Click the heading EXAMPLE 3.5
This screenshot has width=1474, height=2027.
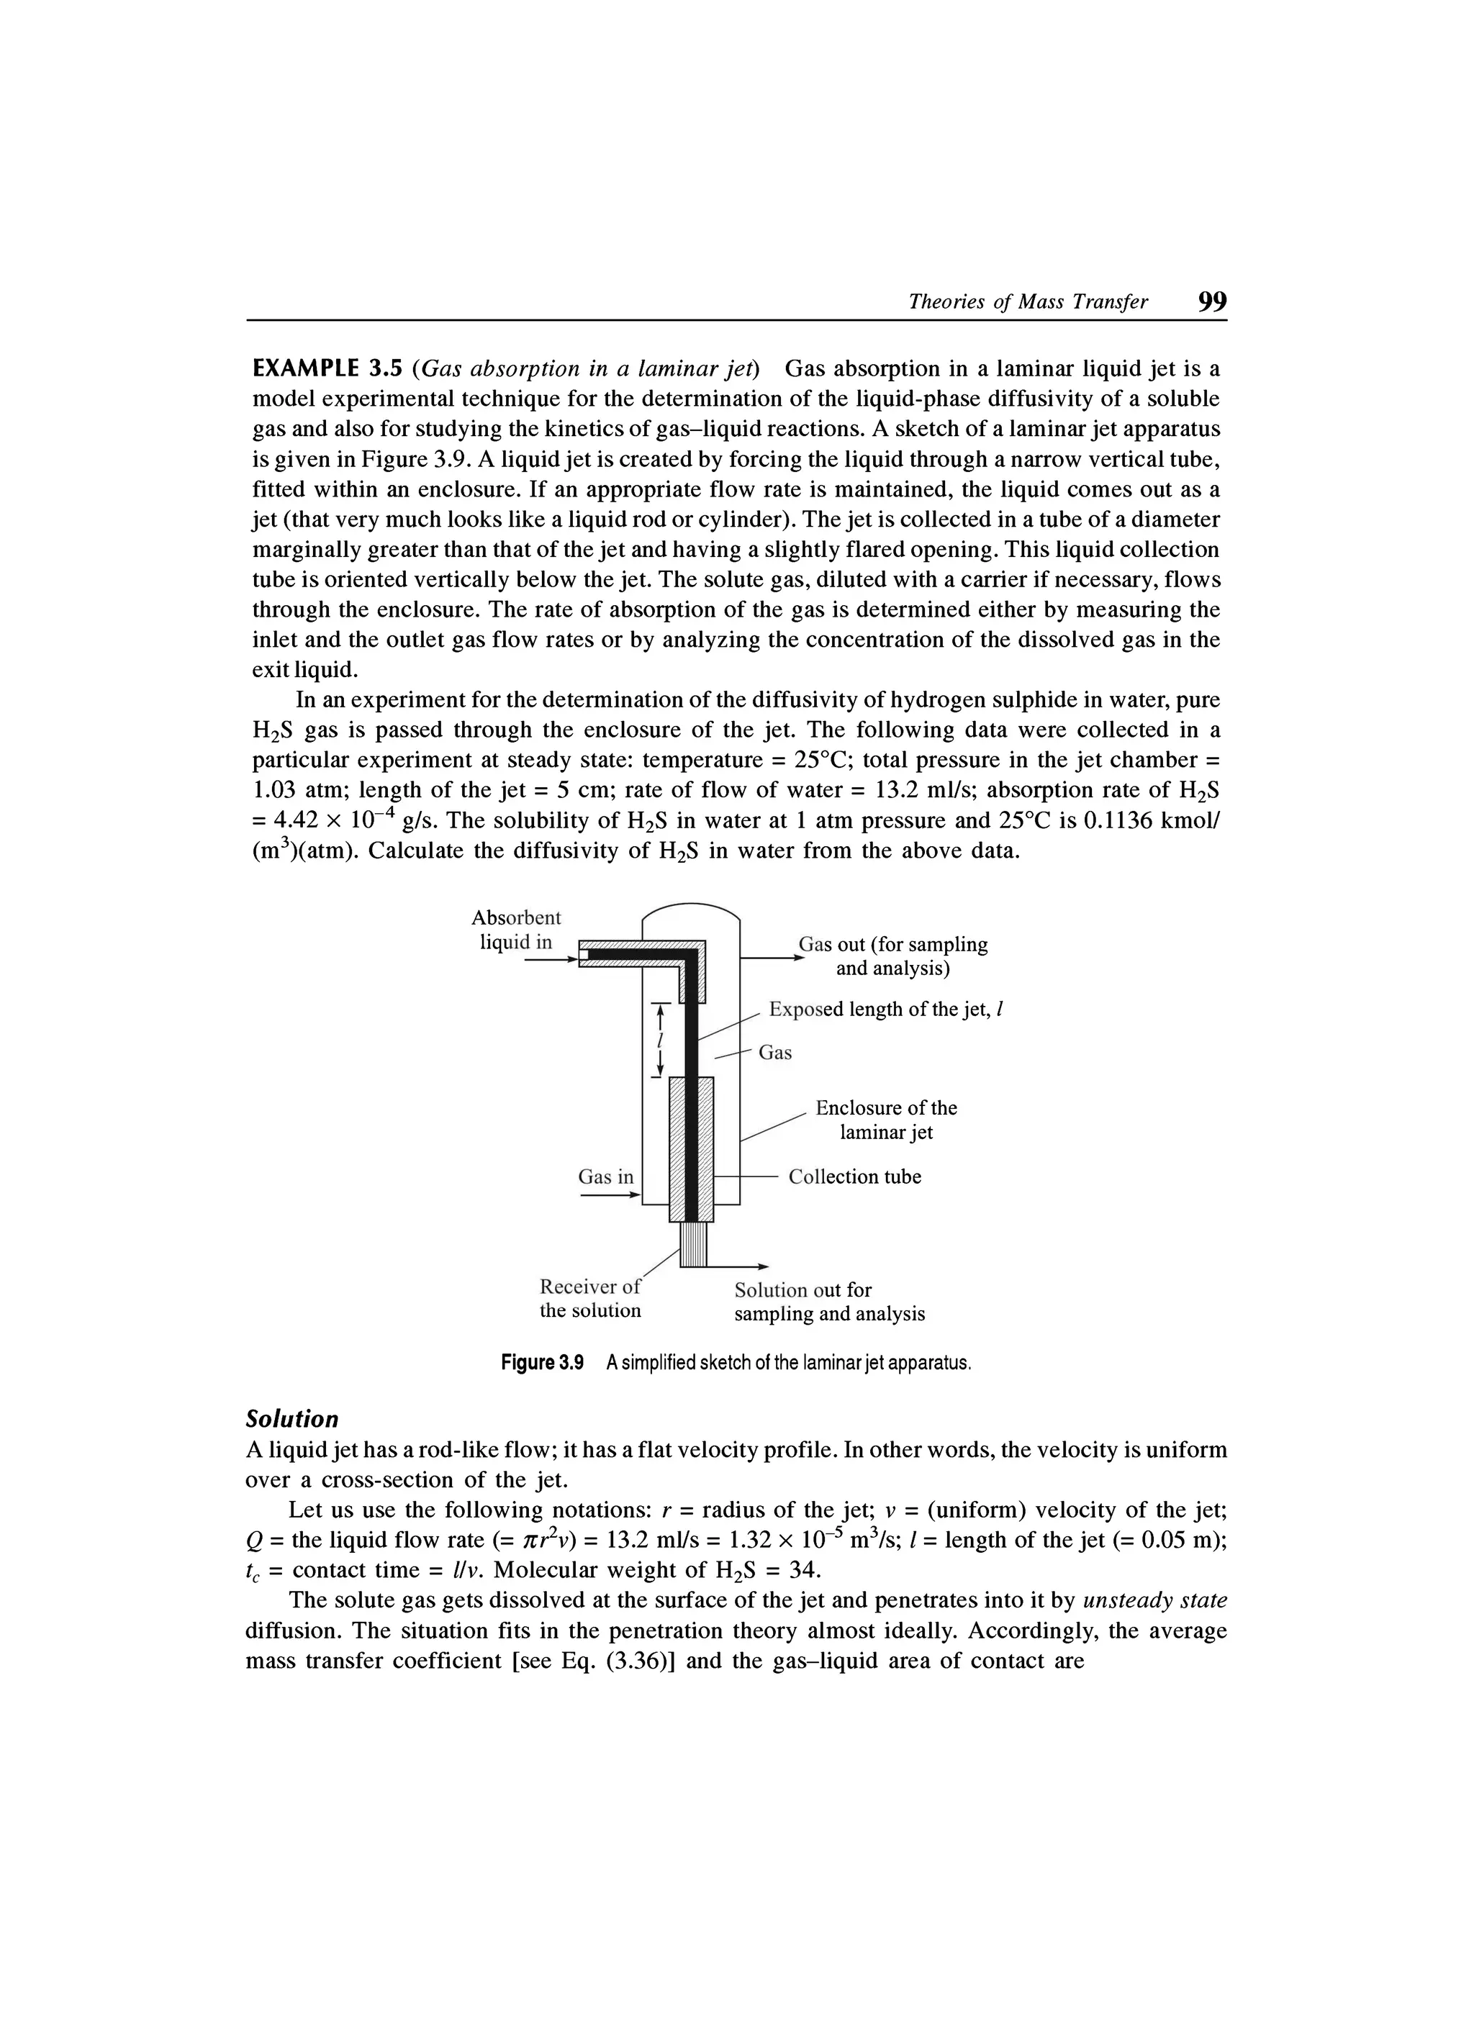tap(329, 369)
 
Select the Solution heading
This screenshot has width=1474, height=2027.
tap(292, 1418)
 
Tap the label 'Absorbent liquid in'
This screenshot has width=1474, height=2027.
tap(516, 930)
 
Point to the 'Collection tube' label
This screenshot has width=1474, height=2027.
tap(854, 1177)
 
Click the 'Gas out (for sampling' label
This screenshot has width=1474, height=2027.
tap(892, 945)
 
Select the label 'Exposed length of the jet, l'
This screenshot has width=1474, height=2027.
tap(887, 1010)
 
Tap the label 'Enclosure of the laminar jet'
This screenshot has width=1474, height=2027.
tap(885, 1120)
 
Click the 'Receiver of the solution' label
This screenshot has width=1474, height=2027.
tap(590, 1299)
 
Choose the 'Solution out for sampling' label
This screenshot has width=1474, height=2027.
tap(828, 1302)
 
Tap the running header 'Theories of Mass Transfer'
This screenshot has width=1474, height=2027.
tap(1028, 303)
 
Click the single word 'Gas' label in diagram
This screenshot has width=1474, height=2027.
tap(774, 1053)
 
